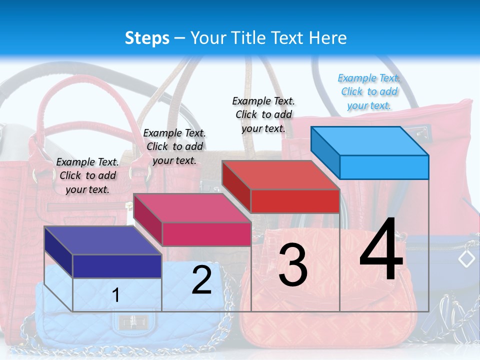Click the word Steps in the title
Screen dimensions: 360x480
pyautogui.click(x=147, y=38)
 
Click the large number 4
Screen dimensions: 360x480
pyautogui.click(x=381, y=250)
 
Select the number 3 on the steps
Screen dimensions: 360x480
pyautogui.click(x=292, y=265)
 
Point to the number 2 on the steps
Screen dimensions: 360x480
pyautogui.click(x=201, y=280)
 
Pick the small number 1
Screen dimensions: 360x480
pyautogui.click(x=116, y=295)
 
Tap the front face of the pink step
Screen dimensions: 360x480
pyautogui.click(x=206, y=234)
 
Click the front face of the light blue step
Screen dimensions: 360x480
pyautogui.click(x=384, y=167)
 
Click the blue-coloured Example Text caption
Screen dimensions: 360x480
pyautogui.click(x=369, y=91)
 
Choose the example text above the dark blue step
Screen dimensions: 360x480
pyautogui.click(x=87, y=175)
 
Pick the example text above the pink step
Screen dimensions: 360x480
pyautogui.click(x=174, y=146)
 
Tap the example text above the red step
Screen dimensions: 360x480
pyautogui.click(x=263, y=114)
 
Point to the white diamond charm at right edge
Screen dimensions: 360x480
pyautogui.click(x=466, y=258)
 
